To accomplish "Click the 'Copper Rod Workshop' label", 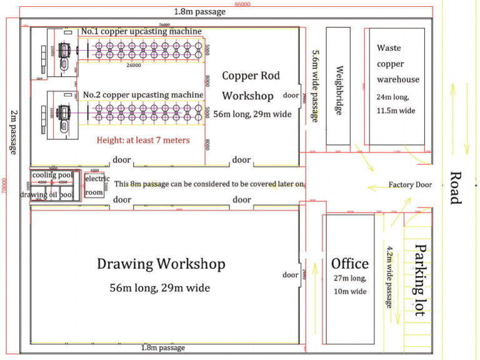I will point(251,86).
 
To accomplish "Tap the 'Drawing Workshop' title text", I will point(161,264).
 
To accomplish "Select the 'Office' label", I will point(349,264).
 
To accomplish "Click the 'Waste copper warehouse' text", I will point(397,64).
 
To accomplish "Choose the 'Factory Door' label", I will point(409,184).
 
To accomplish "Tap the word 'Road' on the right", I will point(456,187).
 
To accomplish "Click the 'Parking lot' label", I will point(419,279).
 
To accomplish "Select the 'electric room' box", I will point(94,186).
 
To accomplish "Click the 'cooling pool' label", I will point(52,175).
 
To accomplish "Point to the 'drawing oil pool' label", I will point(47,195).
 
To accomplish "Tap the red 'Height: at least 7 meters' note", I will point(142,140).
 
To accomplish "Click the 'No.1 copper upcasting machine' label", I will point(141,31).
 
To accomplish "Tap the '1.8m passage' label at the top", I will point(200,12).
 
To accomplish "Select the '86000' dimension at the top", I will point(242,4).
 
